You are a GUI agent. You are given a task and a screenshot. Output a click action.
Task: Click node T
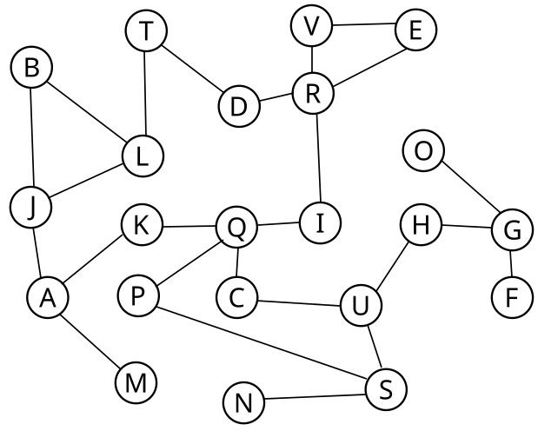click(x=147, y=31)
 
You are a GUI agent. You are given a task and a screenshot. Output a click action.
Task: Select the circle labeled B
click(x=32, y=68)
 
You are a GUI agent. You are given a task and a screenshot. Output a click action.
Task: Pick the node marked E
click(x=415, y=30)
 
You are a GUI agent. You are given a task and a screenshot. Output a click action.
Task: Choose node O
click(x=423, y=152)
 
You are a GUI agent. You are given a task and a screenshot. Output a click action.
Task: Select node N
click(x=244, y=402)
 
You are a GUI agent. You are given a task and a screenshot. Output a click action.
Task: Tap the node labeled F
click(x=511, y=297)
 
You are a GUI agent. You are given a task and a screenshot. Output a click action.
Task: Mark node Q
click(x=236, y=229)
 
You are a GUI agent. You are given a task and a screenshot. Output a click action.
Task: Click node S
click(x=385, y=388)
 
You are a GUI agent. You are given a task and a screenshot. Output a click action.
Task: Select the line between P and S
click(x=261, y=341)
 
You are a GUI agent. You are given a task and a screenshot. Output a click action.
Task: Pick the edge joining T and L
click(x=145, y=93)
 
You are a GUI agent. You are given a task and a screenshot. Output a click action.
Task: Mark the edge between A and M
click(x=91, y=340)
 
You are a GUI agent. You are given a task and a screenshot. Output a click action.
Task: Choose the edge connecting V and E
click(x=363, y=26)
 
